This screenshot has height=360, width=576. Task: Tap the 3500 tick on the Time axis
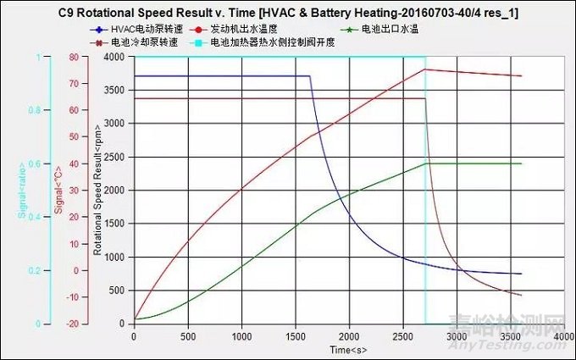click(511, 335)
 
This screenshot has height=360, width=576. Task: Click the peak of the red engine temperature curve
click(425, 69)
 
